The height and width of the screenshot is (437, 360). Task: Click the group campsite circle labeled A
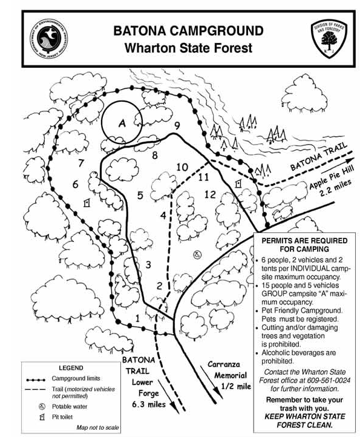pyautogui.click(x=102, y=123)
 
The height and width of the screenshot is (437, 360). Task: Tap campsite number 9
pyautogui.click(x=177, y=126)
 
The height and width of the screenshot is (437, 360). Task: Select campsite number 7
pyautogui.click(x=81, y=163)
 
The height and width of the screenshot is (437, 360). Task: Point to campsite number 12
pyautogui.click(x=210, y=194)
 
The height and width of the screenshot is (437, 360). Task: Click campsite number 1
pyautogui.click(x=137, y=318)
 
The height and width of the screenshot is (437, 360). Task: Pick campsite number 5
pyautogui.click(x=140, y=195)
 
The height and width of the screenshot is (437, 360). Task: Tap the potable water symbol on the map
pyautogui.click(x=197, y=254)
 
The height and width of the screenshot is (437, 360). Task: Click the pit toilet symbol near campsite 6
pyautogui.click(x=87, y=202)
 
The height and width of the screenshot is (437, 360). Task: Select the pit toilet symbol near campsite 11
pyautogui.click(x=238, y=183)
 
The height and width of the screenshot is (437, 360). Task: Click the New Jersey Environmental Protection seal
pyautogui.click(x=49, y=39)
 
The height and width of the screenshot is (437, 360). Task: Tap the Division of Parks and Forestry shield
pyautogui.click(x=329, y=38)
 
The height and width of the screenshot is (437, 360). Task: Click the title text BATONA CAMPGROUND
pyautogui.click(x=188, y=30)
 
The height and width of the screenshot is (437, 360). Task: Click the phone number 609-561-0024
pyautogui.click(x=329, y=381)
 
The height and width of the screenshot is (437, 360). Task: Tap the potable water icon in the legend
pyautogui.click(x=42, y=407)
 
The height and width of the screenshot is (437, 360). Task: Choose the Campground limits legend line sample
pyautogui.click(x=36, y=379)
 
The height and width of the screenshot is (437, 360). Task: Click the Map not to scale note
pyautogui.click(x=97, y=427)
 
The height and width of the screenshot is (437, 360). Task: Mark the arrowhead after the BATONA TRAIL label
pyautogui.click(x=350, y=160)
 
